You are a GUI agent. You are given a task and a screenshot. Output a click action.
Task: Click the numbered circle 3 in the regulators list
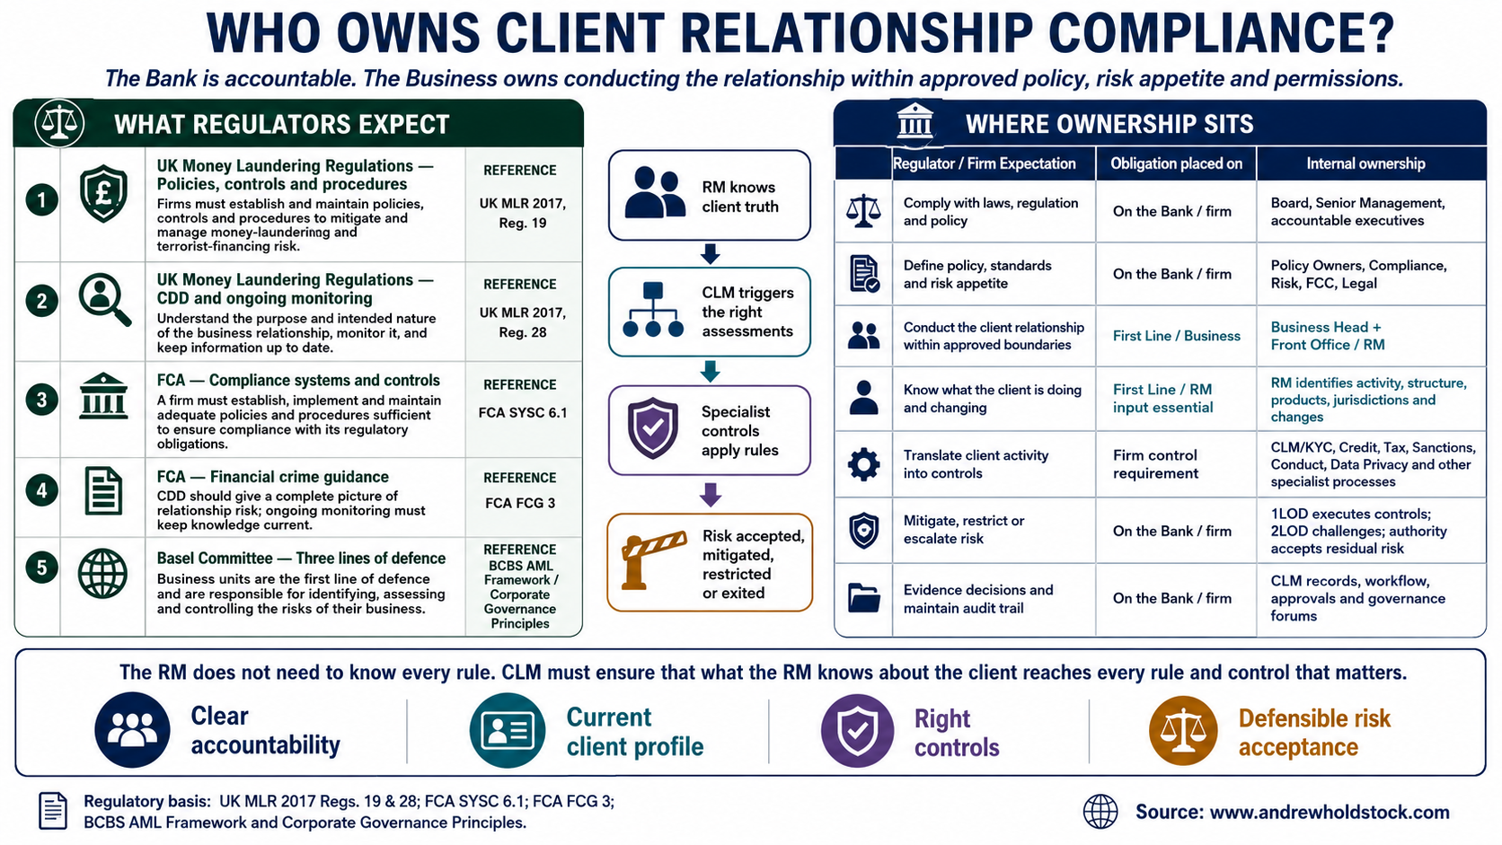[41, 400]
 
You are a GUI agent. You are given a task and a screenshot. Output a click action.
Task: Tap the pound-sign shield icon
[103, 194]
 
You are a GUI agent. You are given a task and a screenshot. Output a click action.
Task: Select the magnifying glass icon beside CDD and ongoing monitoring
[104, 299]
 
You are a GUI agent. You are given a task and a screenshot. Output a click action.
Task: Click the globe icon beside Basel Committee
[102, 574]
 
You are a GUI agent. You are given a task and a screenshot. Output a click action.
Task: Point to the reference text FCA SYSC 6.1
[522, 413]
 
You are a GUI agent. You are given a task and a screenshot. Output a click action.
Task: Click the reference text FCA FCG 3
[520, 503]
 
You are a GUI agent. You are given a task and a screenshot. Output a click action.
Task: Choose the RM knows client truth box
[710, 196]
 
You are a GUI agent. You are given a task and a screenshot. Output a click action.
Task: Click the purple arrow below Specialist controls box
[710, 495]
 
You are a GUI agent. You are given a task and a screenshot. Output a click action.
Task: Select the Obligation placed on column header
[1176, 163]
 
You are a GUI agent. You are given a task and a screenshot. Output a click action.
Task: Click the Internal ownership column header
[1365, 163]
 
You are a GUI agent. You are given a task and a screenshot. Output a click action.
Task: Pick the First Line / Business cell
[1176, 336]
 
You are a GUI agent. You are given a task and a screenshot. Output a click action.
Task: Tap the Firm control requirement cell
[1155, 464]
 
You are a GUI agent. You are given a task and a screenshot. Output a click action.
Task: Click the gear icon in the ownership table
[863, 463]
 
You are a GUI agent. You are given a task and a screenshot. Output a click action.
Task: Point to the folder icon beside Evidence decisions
[863, 598]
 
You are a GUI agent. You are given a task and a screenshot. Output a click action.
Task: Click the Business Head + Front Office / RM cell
[1327, 336]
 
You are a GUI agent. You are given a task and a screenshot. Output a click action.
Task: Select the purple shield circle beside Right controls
[857, 730]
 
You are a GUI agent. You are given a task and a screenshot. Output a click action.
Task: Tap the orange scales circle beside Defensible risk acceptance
[1183, 730]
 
